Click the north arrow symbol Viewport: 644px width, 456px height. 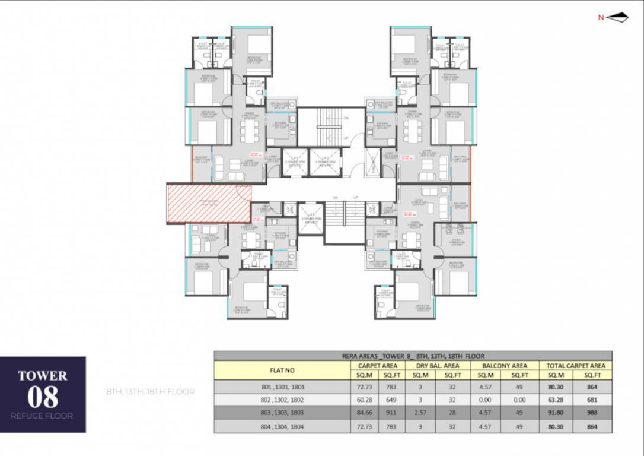(618, 18)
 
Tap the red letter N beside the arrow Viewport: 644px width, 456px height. (601, 18)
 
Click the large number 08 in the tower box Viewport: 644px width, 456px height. (43, 397)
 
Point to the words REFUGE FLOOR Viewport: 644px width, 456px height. (43, 416)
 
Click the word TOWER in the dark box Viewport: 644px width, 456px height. (43, 376)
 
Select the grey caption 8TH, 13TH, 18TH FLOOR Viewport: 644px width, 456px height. (151, 392)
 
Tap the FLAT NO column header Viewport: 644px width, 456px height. (282, 370)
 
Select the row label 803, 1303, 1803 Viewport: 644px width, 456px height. (282, 412)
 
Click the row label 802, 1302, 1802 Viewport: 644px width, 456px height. (282, 399)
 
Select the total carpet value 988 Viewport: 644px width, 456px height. (592, 412)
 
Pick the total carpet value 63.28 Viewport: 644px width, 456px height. (556, 399)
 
